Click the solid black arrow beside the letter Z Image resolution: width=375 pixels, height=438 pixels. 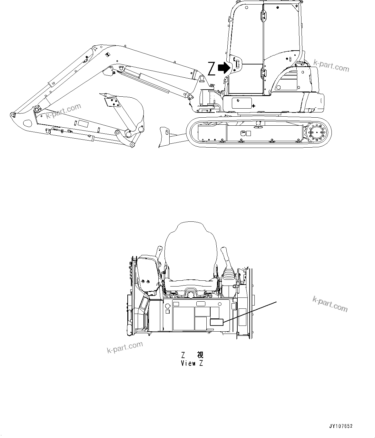pyautogui.click(x=224, y=68)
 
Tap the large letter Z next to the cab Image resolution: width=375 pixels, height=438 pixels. pyautogui.click(x=211, y=69)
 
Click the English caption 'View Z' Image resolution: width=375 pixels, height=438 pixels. pyautogui.click(x=192, y=363)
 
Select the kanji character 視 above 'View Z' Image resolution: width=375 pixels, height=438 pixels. pyautogui.click(x=200, y=355)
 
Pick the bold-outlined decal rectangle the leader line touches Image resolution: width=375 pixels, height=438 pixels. pyautogui.click(x=217, y=322)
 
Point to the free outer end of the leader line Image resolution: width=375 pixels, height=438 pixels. pyautogui.click(x=277, y=302)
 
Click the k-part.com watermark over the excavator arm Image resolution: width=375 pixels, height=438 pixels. pyautogui.click(x=63, y=111)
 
